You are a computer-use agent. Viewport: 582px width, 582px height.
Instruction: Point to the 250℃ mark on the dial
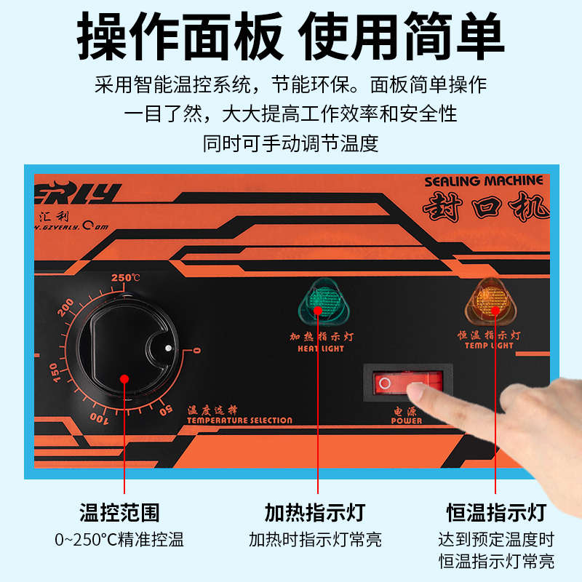(125, 278)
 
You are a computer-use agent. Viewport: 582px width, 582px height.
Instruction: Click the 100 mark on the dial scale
(100, 419)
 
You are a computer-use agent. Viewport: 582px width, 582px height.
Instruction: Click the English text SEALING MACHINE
(483, 180)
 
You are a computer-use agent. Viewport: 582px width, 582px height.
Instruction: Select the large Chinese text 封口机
(485, 207)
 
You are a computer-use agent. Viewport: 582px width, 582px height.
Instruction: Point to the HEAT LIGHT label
(321, 348)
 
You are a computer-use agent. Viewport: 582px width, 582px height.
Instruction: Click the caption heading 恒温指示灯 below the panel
(495, 512)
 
